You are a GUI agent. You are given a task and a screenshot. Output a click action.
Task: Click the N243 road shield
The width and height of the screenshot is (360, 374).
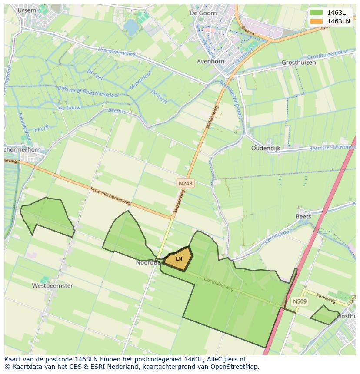pyautogui.click(x=186, y=184)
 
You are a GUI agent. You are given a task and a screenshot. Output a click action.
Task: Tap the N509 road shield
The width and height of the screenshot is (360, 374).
pyautogui.click(x=300, y=301)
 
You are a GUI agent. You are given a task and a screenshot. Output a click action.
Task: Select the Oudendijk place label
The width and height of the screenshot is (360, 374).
pyautogui.click(x=266, y=148)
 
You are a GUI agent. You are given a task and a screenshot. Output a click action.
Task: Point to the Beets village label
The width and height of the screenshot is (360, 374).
pyautogui.click(x=303, y=216)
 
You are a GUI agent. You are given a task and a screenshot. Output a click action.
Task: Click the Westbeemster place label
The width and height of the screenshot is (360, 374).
pyautogui.click(x=53, y=286)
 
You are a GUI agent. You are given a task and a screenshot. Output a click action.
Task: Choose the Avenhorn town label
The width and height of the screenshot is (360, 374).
pyautogui.click(x=210, y=61)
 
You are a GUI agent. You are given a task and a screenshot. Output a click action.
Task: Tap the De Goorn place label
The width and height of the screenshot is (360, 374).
pyautogui.click(x=203, y=13)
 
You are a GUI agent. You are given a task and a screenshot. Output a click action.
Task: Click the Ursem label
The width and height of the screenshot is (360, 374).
pyautogui.click(x=27, y=10)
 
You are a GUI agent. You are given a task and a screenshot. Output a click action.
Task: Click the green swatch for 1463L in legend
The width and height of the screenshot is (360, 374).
pyautogui.click(x=316, y=12)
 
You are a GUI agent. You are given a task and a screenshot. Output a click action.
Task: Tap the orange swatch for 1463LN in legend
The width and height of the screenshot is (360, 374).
pyautogui.click(x=316, y=21)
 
